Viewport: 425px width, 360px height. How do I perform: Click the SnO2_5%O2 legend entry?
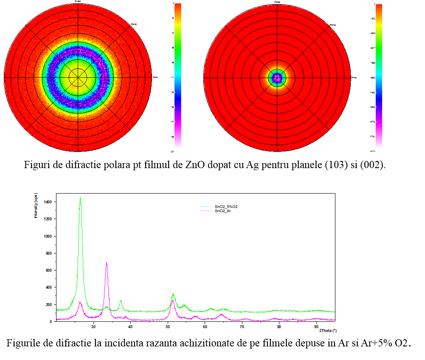coord(229,206)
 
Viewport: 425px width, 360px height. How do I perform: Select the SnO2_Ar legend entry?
coord(225,211)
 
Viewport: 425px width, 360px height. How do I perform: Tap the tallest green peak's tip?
coord(80,198)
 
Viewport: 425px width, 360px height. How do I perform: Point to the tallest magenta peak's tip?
coord(107,263)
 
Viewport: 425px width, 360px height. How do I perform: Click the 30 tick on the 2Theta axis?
coord(93,326)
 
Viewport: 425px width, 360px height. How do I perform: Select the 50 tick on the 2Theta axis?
coord(168,326)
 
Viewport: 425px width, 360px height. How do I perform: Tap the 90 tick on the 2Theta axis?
coord(316,326)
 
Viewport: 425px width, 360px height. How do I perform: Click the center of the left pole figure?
coord(78,78)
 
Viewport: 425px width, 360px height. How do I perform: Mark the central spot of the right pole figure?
coord(277,78)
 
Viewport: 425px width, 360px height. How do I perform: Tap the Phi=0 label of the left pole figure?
coord(155,77)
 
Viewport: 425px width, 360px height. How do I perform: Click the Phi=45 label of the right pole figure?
coord(333,25)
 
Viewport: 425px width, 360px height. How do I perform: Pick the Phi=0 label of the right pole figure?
coord(354,77)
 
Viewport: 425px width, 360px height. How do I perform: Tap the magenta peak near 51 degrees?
coord(173,301)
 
